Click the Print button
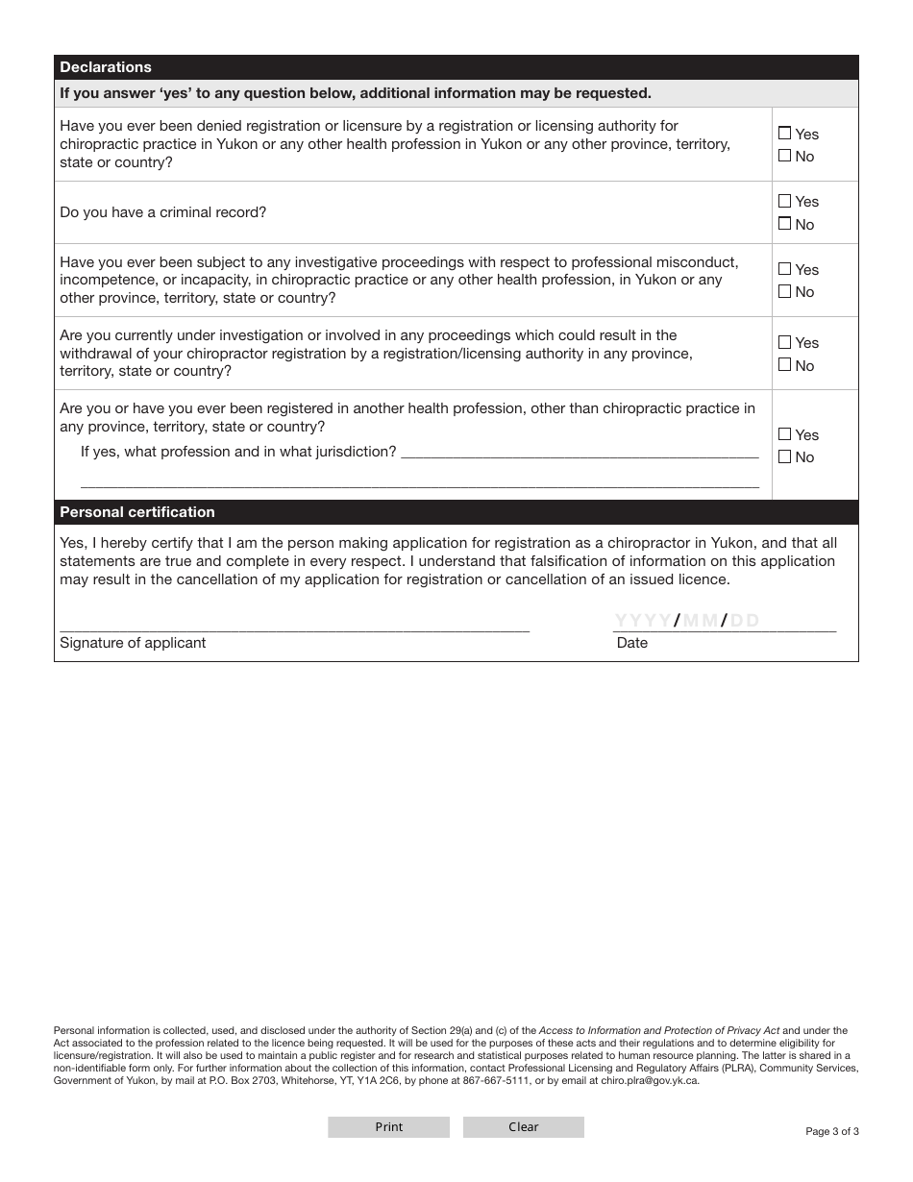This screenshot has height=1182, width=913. [x=388, y=1127]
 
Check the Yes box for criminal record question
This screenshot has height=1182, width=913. [x=785, y=202]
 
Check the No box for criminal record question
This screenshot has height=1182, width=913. [x=785, y=224]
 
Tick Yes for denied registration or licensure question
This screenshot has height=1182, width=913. [x=785, y=134]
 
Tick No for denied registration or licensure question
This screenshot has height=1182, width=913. [x=785, y=156]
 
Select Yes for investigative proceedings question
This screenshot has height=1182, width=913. [x=785, y=269]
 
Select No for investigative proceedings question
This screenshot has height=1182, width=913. [x=785, y=291]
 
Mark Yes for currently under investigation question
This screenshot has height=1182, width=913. [x=785, y=342]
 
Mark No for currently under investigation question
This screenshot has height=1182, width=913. [x=785, y=365]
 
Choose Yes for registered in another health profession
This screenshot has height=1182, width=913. [x=785, y=434]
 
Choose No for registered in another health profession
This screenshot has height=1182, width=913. [x=785, y=456]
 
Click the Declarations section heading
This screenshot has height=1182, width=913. [x=106, y=67]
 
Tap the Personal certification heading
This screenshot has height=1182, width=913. [x=137, y=512]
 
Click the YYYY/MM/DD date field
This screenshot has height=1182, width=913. [x=725, y=621]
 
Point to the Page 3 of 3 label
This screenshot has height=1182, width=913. [x=832, y=1131]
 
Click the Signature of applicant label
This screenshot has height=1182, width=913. [x=133, y=643]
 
